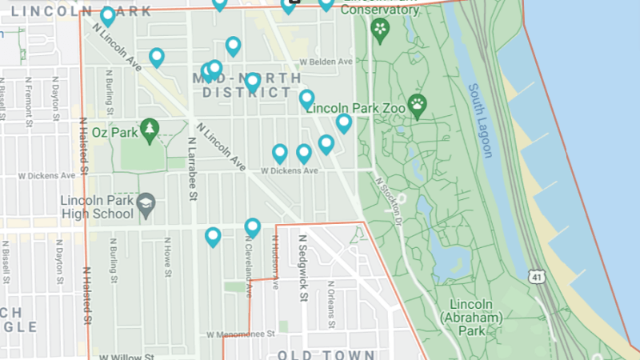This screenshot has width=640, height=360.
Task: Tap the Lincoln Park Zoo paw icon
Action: pos(418,103)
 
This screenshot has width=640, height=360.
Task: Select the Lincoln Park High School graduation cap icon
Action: pos(146,206)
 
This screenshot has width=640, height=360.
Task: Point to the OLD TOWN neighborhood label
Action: pos(326,354)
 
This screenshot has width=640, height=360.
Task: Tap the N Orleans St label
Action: pos(330,305)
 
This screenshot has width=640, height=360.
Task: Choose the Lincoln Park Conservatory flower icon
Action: pos(380,30)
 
